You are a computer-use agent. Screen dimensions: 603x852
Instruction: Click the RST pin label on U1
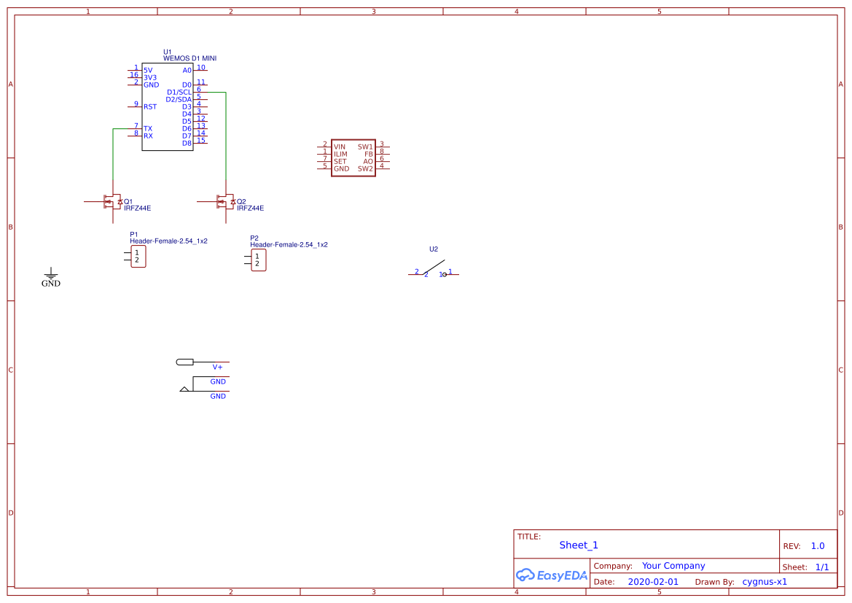150,107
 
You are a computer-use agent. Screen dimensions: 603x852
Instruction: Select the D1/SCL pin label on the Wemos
179,93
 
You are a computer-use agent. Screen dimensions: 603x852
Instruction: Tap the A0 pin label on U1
187,71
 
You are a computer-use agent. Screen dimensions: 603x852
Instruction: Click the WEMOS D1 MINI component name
189,58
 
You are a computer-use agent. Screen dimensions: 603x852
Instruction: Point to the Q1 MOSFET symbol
113,202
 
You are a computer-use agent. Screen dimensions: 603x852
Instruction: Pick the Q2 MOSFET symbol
226,202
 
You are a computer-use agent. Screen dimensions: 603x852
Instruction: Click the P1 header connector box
138,256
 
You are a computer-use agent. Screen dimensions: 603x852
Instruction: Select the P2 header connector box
258,260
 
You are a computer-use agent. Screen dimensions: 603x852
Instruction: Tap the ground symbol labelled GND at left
50,276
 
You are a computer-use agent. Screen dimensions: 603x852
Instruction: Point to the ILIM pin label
340,154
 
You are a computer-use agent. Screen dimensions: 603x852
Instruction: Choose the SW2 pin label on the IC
365,168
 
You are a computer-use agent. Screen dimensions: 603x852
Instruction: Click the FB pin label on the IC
369,154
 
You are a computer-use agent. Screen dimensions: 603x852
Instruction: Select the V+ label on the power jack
217,367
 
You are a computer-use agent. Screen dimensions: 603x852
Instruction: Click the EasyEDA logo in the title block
552,575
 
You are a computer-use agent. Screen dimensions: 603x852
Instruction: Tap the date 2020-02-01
652,582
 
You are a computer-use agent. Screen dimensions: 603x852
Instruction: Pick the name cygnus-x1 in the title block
765,582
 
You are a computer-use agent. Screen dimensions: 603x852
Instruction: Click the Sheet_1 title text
579,545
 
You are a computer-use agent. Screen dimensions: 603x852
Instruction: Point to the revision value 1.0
818,546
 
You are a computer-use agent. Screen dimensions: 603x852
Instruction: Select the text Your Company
673,566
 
